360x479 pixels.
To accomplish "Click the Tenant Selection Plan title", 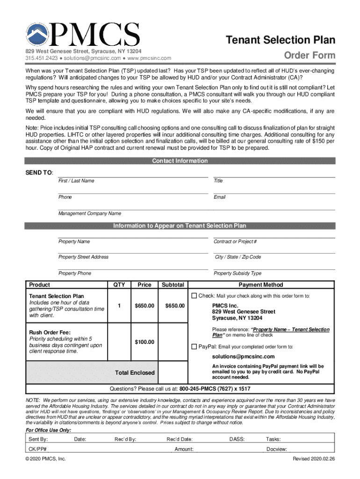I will (x=281, y=40).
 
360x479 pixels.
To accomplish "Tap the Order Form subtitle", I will (x=310, y=56).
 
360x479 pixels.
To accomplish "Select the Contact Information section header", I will (x=180, y=161).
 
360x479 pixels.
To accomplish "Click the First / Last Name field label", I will (x=76, y=181).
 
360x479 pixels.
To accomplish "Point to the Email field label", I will (x=220, y=197).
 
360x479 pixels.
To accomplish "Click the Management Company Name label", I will (x=89, y=214).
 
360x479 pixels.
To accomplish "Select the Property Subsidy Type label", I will (x=238, y=273).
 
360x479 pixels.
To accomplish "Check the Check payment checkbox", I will (x=194, y=296).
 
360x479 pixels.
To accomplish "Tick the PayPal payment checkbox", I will (x=194, y=347).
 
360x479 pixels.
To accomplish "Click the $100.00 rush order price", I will (x=144, y=342).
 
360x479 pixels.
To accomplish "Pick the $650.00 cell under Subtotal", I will (x=175, y=306).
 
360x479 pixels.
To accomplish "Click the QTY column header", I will (x=119, y=285).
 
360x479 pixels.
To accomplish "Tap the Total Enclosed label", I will (x=135, y=373).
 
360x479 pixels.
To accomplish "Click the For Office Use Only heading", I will (x=48, y=430).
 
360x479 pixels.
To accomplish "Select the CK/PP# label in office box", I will (x=37, y=449).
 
